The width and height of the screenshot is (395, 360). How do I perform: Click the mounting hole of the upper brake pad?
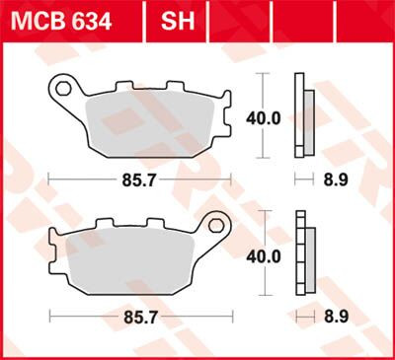pyautogui.click(x=63, y=90)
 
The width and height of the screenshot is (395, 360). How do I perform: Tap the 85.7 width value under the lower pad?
pyautogui.click(x=139, y=321)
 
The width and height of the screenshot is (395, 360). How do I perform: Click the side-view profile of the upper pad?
pyautogui.click(x=303, y=116)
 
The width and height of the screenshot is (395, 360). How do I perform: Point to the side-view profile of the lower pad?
pyautogui.click(x=303, y=254)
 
